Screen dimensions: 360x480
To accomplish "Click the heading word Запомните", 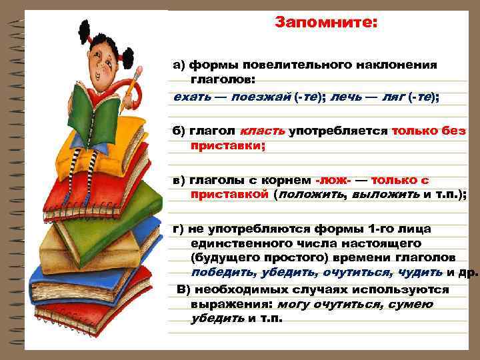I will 326,23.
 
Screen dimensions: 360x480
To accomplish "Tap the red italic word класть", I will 263,131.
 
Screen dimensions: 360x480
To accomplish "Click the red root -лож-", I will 332,180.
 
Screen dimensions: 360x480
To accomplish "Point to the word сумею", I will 410,305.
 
